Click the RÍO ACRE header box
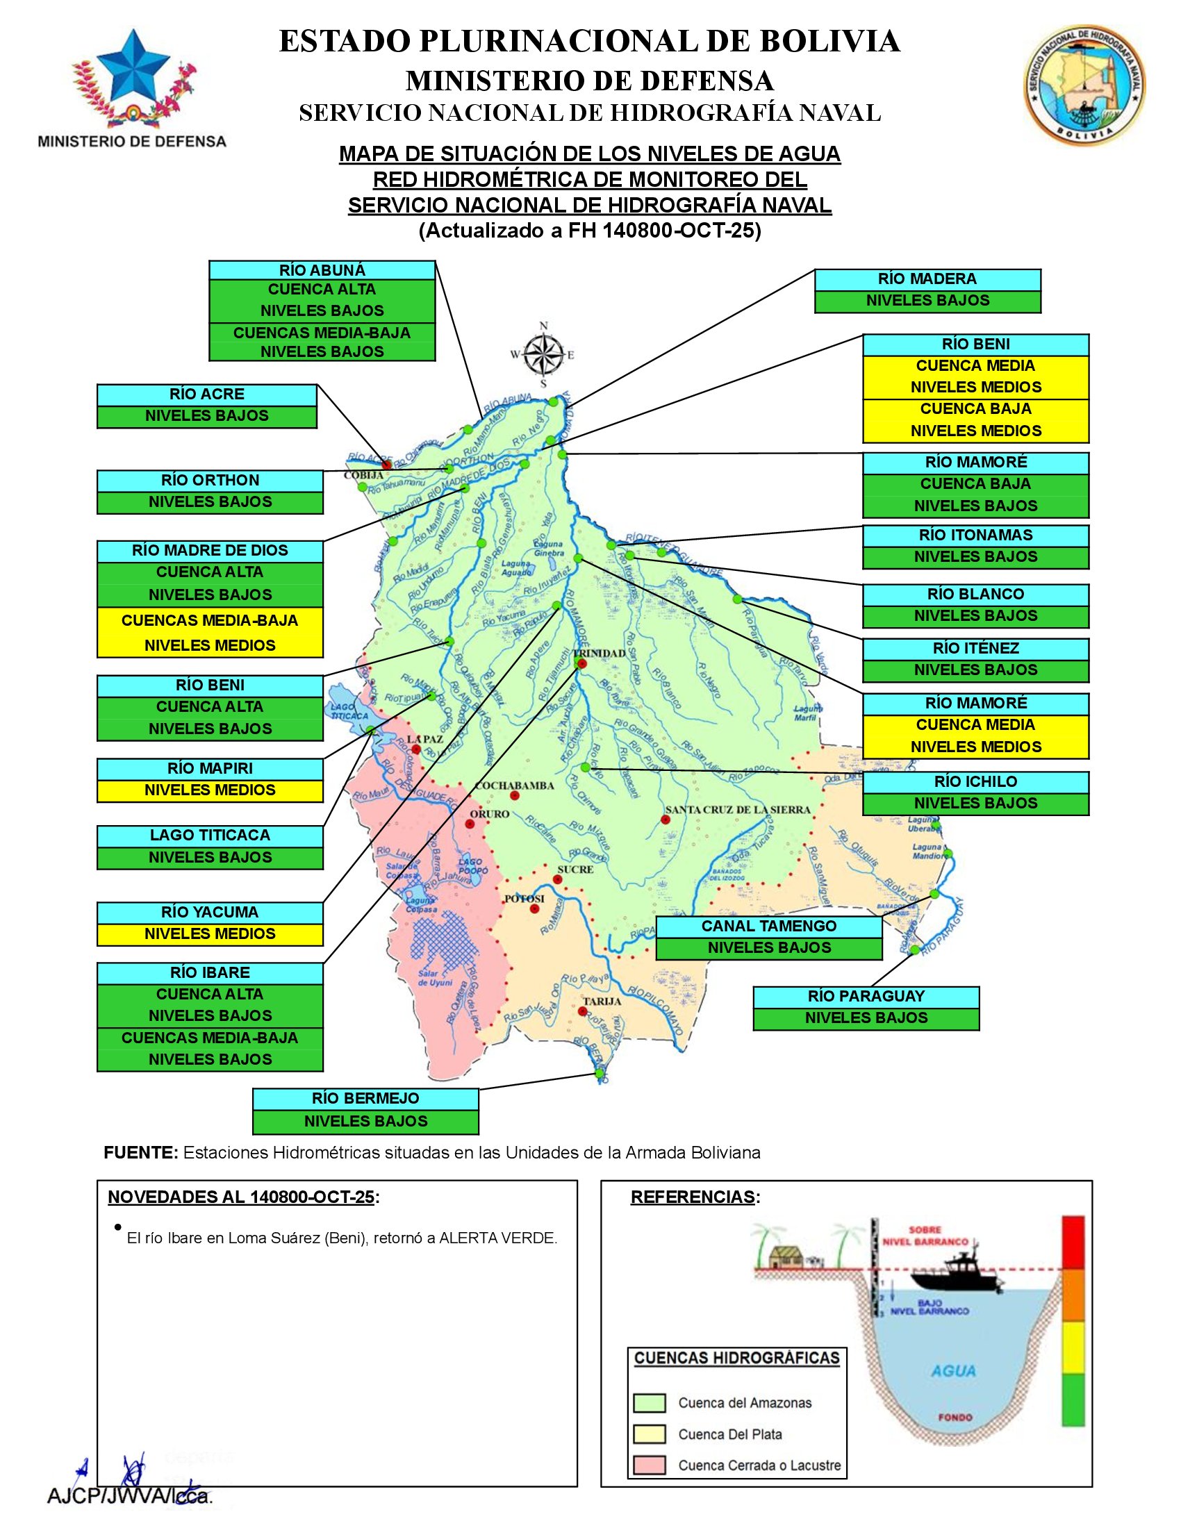[x=206, y=395]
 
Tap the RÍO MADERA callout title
[x=927, y=279]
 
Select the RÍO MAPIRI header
[x=210, y=768]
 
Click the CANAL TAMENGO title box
[x=769, y=927]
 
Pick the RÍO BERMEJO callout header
[x=365, y=1099]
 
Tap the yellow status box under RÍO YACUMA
[x=210, y=934]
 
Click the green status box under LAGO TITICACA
[x=210, y=858]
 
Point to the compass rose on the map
[x=544, y=354]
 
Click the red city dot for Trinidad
[x=582, y=663]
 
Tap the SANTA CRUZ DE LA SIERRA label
[x=737, y=810]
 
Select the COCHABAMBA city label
[x=514, y=786]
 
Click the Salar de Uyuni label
[x=435, y=978]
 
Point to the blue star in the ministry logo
[x=132, y=67]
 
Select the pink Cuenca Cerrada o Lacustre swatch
[x=649, y=1465]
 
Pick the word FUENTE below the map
[x=140, y=1152]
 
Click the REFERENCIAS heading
[x=693, y=1197]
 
